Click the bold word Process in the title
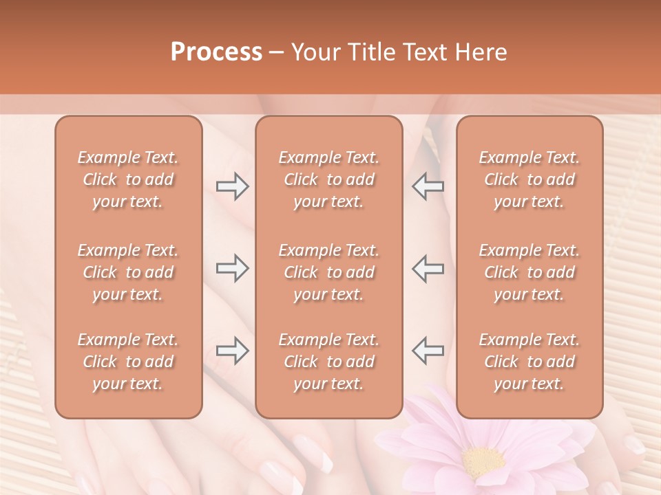click(216, 52)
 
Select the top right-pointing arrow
click(232, 186)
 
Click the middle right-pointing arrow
click(232, 268)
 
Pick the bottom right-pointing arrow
click(232, 351)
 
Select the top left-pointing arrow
click(428, 186)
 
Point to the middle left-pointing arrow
click(428, 268)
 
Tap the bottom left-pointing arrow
click(428, 351)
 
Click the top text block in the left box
click(128, 179)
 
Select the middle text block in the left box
click(128, 272)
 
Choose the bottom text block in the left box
click(128, 362)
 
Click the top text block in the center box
click(329, 179)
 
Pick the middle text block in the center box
click(329, 272)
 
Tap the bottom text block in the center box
click(329, 362)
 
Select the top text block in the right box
click(529, 179)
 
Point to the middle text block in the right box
click(529, 272)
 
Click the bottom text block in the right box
click(529, 362)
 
